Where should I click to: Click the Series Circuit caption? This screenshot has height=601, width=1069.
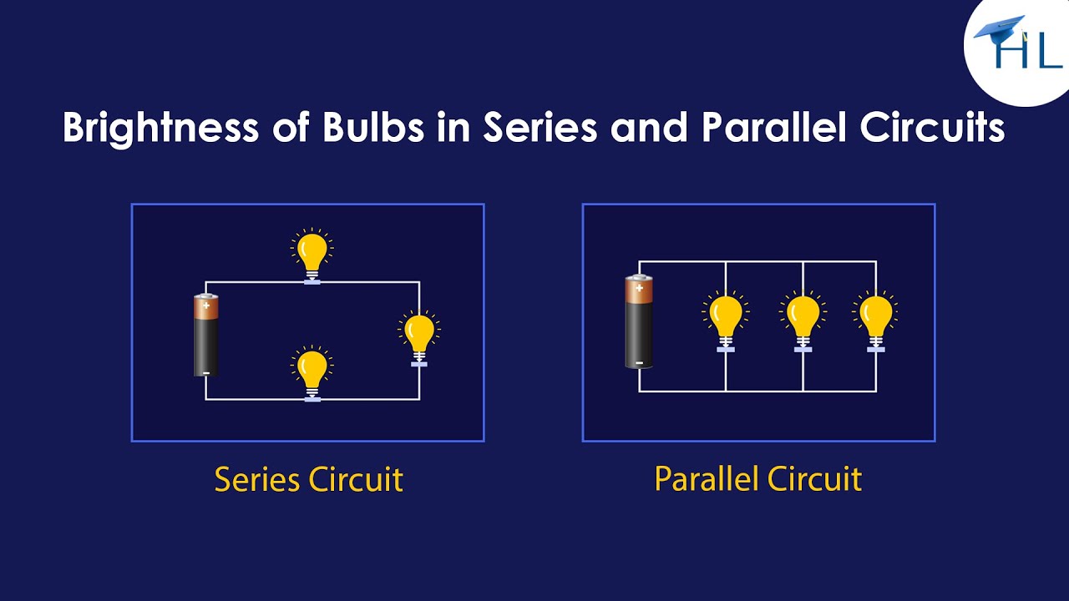(308, 480)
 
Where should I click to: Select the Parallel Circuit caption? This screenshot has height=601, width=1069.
(757, 479)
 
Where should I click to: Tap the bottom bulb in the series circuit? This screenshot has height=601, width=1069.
(312, 370)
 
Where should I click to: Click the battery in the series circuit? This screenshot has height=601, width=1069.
(206, 335)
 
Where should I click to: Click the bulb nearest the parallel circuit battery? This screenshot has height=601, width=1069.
(726, 318)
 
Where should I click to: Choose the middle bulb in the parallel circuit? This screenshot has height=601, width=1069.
(803, 318)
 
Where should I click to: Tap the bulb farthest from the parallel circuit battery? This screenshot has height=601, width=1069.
(875, 318)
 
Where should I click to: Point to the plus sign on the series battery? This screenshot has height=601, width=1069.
(206, 306)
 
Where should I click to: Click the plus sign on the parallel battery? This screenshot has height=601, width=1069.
(639, 288)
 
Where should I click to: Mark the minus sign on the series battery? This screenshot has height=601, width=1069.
(206, 372)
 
